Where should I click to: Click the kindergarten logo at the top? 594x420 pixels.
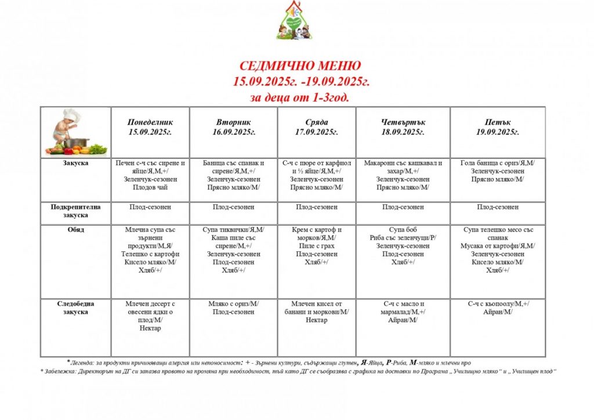(296, 21)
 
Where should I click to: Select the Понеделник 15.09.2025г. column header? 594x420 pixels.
(150, 127)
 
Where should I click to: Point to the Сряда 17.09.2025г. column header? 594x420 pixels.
(317, 127)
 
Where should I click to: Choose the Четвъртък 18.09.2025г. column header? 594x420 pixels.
(403, 127)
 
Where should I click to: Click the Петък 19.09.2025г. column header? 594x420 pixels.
(498, 127)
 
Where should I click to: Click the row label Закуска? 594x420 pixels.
(75, 164)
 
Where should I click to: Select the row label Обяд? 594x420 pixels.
(75, 230)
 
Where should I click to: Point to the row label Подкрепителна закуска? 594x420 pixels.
(75, 211)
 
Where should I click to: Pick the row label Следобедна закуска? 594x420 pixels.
(75, 308)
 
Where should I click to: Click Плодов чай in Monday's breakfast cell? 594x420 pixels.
(150, 188)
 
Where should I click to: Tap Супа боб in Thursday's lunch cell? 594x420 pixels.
(403, 230)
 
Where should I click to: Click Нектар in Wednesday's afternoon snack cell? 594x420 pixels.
(317, 320)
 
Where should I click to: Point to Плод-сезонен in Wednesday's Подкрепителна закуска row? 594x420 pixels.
(317, 207)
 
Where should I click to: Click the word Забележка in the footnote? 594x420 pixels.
(61, 371)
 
